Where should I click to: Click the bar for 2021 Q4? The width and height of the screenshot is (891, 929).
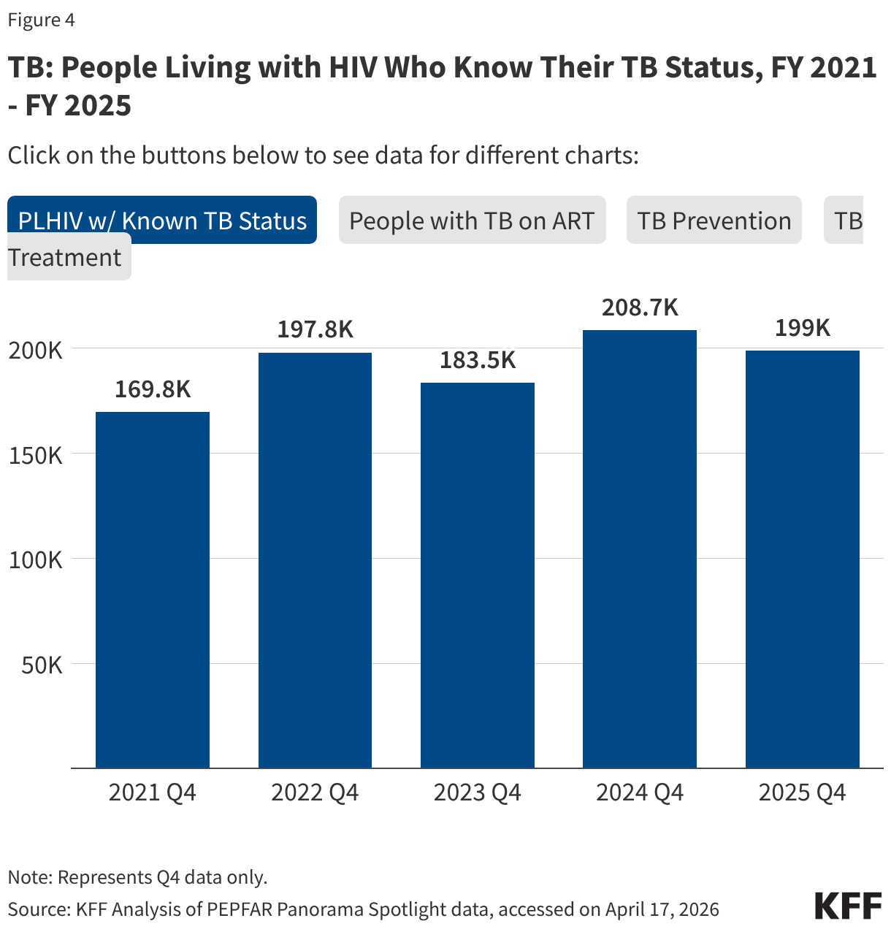(x=153, y=589)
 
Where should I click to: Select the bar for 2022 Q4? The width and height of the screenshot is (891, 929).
(x=315, y=560)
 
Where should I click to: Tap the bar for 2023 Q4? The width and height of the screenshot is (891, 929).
(x=478, y=575)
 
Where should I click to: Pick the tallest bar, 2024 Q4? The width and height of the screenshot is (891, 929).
(x=640, y=548)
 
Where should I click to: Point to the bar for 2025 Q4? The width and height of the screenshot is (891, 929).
(x=802, y=559)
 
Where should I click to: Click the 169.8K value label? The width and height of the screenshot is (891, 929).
(x=153, y=389)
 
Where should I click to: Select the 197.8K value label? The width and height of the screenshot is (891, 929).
(x=315, y=329)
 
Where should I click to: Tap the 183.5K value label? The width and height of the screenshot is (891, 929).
(x=478, y=360)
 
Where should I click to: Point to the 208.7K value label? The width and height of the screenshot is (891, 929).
(x=640, y=307)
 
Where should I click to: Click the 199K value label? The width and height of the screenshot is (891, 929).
(x=802, y=328)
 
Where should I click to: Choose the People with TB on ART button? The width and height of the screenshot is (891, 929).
(x=472, y=221)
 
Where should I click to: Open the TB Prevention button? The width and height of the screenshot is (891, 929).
(x=714, y=221)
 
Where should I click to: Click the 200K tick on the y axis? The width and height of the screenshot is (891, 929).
(x=36, y=350)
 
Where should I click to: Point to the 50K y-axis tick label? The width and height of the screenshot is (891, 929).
(x=42, y=665)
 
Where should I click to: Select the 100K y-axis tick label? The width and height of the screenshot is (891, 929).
(x=36, y=560)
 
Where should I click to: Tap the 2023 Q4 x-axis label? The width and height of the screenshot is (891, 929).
(x=478, y=792)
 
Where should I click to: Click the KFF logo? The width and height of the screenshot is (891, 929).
(x=848, y=906)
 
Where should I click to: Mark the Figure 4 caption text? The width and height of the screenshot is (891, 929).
(x=42, y=20)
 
